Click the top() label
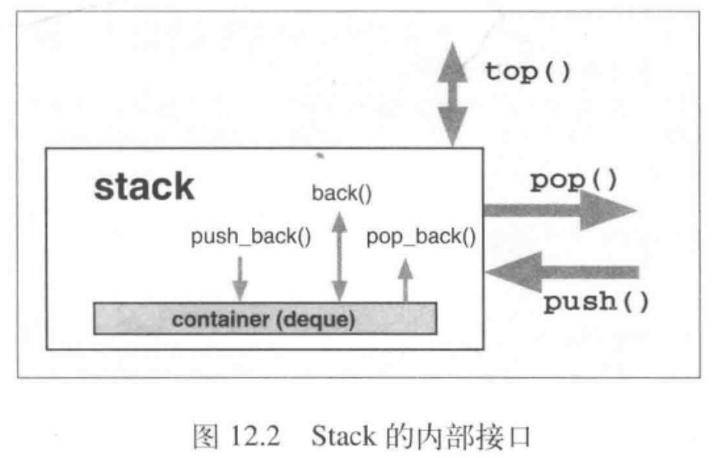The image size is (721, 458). (528, 72)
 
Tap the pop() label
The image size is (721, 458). (573, 179)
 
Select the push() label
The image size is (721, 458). (596, 302)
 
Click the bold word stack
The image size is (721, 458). (144, 187)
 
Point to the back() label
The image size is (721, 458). (342, 194)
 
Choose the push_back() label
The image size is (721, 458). (251, 238)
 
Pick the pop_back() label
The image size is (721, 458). (421, 238)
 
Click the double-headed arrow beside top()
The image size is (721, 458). (452, 96)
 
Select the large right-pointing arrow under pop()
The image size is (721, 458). (560, 210)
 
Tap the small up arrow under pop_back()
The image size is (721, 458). (405, 282)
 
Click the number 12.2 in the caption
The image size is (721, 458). (250, 434)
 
